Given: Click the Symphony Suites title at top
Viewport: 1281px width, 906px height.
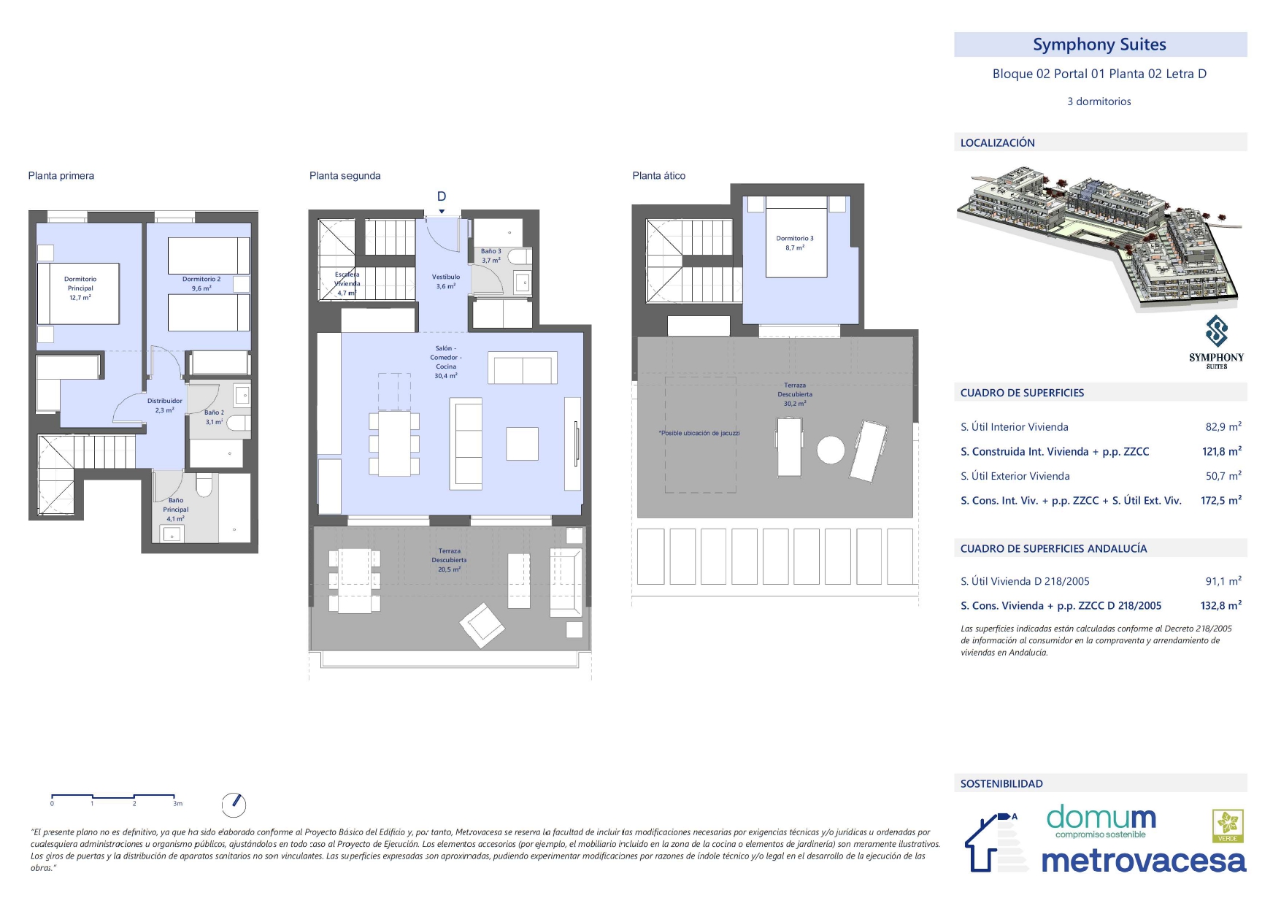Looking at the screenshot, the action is (1099, 45).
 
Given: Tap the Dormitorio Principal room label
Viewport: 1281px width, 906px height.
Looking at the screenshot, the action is (80, 288).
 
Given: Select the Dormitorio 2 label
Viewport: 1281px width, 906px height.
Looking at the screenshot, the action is (201, 284).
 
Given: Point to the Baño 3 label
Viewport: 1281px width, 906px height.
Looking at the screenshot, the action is (491, 256).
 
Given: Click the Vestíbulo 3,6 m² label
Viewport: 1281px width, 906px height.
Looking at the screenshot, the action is (446, 282).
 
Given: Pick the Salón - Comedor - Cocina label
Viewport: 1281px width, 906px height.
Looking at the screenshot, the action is (446, 362).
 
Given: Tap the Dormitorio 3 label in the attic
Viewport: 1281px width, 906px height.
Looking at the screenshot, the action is (795, 243).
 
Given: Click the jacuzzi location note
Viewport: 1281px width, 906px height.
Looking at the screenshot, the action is (699, 433).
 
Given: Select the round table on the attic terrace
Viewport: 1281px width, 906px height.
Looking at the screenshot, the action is (831, 450).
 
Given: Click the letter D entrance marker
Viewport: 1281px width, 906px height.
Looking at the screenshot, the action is (442, 196).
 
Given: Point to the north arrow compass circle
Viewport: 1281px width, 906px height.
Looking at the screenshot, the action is (234, 805).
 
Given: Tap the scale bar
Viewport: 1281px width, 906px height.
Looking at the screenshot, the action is (113, 796).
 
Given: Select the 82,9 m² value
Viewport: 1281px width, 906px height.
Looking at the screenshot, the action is (1223, 426).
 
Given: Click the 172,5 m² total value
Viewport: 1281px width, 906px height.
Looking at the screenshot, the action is (1221, 500).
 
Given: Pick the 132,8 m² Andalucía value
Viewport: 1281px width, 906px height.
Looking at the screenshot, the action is (1221, 605).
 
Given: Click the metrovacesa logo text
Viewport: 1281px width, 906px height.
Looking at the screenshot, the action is (1144, 861).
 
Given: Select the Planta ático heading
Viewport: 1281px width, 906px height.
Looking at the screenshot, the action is (659, 176).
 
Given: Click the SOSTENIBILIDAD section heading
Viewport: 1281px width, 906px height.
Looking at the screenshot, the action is (1001, 784).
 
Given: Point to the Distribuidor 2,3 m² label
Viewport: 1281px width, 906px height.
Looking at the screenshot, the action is (165, 405).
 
